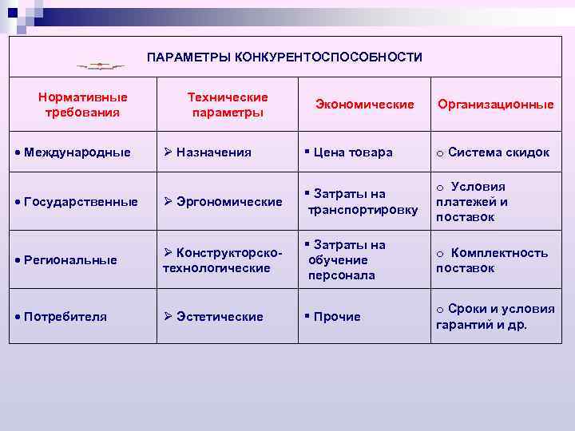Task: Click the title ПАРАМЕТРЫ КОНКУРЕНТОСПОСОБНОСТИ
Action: (x=285, y=57)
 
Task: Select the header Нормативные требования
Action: (x=83, y=105)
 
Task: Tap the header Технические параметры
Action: (x=228, y=105)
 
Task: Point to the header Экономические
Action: (x=365, y=105)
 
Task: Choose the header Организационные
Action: (x=495, y=105)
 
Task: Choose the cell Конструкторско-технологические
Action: (x=223, y=260)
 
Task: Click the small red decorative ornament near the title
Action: (x=101, y=66)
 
